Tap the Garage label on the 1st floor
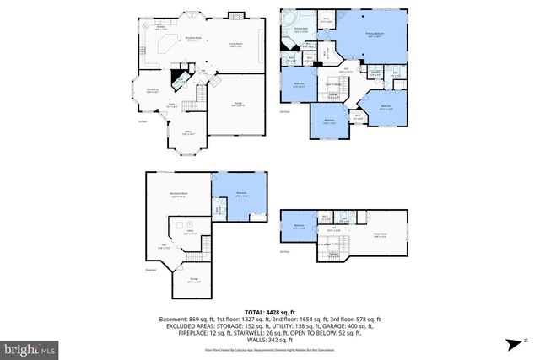click(x=238, y=104)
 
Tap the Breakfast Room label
click(x=193, y=39)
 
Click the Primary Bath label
click(x=299, y=32)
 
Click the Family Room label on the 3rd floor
click(x=380, y=237)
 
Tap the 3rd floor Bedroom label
click(x=299, y=226)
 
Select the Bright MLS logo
click(x=30, y=346)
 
